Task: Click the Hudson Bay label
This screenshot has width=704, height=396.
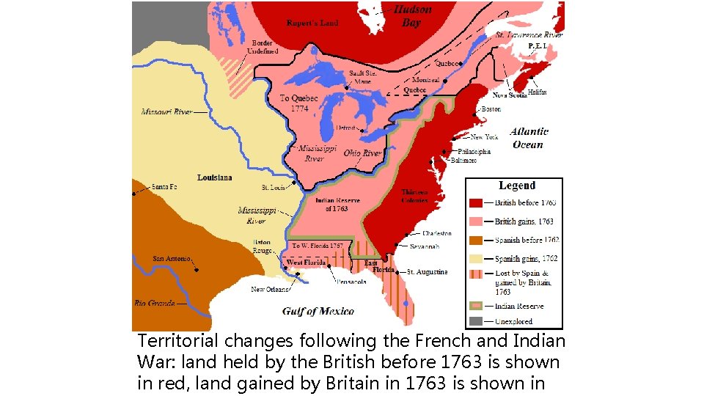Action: click(x=412, y=16)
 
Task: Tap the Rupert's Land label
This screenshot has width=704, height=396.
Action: click(x=312, y=23)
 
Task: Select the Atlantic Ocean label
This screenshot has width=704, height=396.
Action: click(x=529, y=138)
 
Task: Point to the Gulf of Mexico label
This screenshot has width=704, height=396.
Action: click(x=318, y=311)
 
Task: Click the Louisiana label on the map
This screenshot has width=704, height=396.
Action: click(x=214, y=177)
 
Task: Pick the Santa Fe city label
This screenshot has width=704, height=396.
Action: click(x=164, y=187)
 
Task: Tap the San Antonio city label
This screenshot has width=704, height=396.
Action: click(x=172, y=259)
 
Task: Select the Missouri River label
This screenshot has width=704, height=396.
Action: click(x=166, y=112)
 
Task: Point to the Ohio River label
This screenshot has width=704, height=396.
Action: click(x=363, y=153)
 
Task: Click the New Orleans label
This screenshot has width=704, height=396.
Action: click(x=268, y=289)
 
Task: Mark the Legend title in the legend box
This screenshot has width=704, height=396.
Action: click(x=517, y=186)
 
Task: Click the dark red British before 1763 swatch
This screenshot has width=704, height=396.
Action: click(x=476, y=202)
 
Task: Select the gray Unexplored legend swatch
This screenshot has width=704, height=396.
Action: click(x=476, y=321)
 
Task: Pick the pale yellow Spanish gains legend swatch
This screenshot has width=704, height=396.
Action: click(x=476, y=258)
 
